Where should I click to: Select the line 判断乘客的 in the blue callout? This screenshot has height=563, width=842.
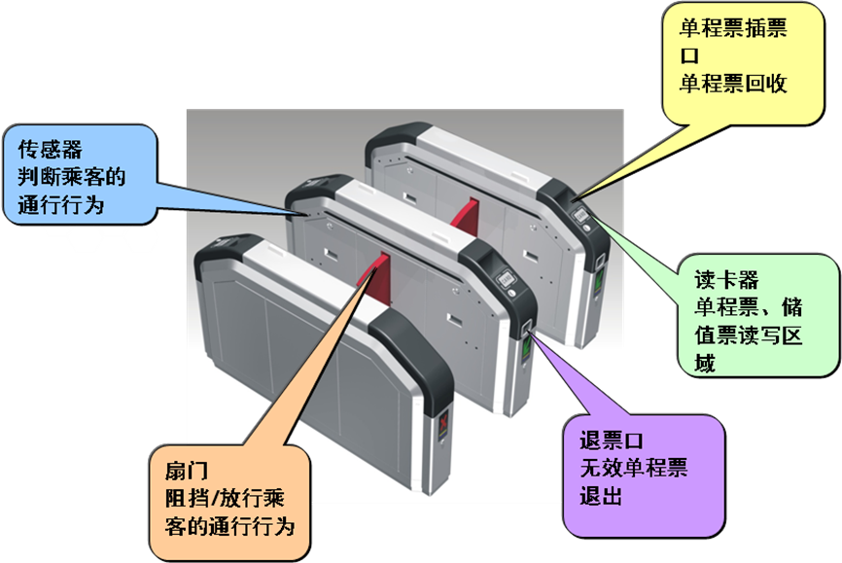coord(73,178)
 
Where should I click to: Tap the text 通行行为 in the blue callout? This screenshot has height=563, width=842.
coord(60,205)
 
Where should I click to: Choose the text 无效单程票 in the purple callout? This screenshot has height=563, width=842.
coord(630,469)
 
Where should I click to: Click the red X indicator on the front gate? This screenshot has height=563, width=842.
coord(445,425)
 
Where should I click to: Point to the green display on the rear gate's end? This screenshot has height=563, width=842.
coord(599,277)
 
